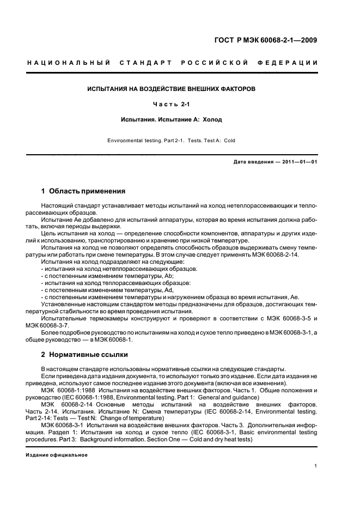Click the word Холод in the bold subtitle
(212, 119)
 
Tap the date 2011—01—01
(300, 162)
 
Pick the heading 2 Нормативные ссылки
(84, 354)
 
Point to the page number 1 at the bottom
(316, 466)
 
